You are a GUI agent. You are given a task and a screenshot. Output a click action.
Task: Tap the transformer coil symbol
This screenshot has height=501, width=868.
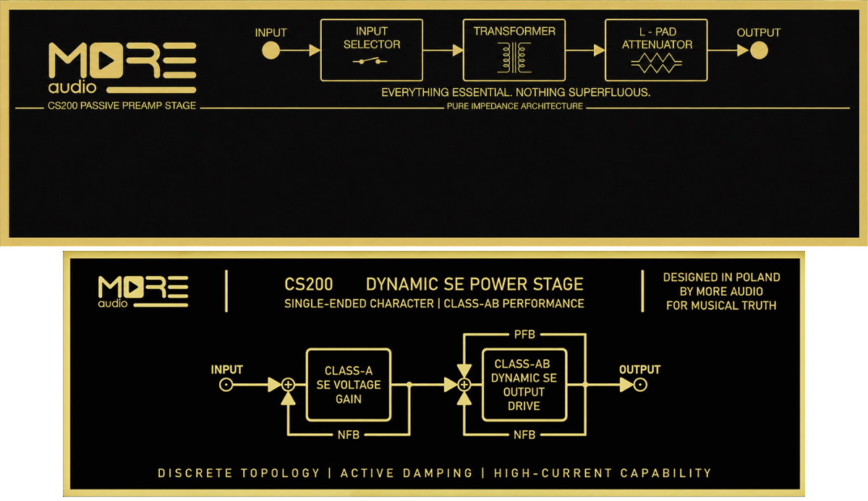coord(514,58)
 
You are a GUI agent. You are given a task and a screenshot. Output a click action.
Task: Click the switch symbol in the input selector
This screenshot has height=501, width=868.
coord(370,61)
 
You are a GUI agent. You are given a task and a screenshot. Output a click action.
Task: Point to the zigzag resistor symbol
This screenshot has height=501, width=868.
coord(657,63)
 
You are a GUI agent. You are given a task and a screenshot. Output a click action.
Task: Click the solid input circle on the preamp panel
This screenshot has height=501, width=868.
coord(271,51)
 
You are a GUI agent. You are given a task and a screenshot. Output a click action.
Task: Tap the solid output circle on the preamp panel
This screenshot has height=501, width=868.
coord(759,51)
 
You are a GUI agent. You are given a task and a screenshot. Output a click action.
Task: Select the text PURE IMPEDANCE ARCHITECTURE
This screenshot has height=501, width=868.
coord(514,106)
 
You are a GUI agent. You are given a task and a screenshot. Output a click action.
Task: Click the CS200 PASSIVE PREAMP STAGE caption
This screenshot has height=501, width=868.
coord(122,106)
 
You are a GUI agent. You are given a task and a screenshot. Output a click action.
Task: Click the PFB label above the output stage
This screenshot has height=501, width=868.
coord(524,334)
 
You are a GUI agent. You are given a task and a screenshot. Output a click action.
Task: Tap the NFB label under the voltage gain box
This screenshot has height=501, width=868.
coord(349,434)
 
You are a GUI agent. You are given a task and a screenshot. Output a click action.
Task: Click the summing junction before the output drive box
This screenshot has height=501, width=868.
coord(464,385)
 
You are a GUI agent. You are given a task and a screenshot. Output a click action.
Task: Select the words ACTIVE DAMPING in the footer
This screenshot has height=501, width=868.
coord(407,473)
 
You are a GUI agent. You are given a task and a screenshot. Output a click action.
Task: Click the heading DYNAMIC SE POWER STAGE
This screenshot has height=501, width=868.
coord(475,284)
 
